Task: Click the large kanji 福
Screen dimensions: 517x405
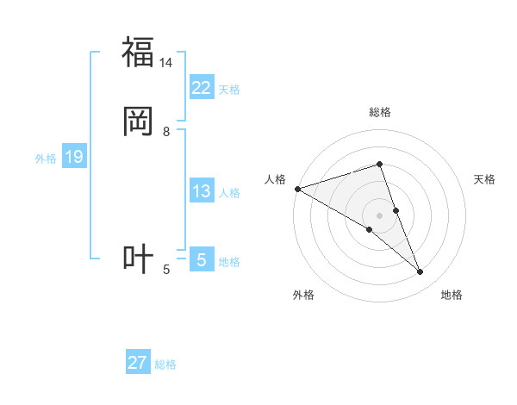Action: point(138,53)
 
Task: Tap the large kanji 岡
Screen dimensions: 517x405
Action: point(138,121)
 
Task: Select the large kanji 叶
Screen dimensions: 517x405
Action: point(138,259)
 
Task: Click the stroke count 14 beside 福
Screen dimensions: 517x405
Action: point(165,63)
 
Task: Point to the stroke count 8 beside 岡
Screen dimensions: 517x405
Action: point(166,131)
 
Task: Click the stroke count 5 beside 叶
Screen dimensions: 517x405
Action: point(166,270)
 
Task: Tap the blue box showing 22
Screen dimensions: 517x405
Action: point(202,88)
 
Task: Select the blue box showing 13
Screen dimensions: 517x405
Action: point(202,191)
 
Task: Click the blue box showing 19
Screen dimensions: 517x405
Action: point(74,157)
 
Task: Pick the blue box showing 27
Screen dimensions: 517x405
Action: point(138,363)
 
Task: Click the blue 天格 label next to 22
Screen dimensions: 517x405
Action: point(229,90)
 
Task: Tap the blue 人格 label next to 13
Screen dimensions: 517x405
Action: point(229,193)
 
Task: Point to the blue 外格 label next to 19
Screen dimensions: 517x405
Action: point(46,159)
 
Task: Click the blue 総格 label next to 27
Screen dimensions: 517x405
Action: point(165,364)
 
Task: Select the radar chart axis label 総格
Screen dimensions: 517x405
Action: point(379,112)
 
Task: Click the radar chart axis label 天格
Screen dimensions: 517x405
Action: point(485,179)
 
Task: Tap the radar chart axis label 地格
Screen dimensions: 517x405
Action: point(452,296)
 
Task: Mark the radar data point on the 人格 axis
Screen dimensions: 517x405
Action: point(297,189)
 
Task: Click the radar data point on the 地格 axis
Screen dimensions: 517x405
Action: point(420,272)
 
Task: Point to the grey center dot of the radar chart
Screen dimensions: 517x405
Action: point(379,215)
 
